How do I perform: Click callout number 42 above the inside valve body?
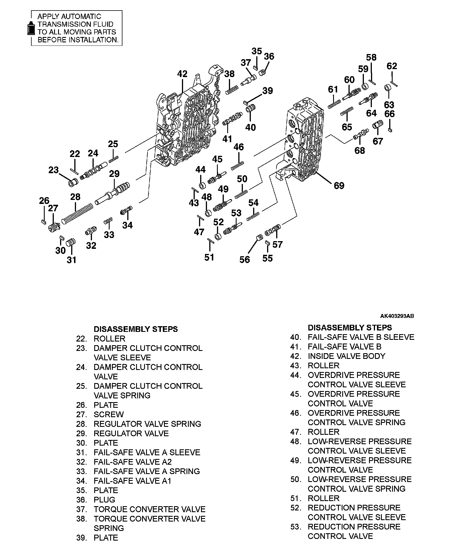point(182,74)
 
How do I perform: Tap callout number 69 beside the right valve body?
point(339,186)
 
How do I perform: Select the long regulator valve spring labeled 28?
point(77,213)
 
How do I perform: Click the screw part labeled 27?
point(54,227)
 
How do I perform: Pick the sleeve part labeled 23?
point(72,182)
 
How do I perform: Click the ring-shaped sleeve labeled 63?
point(388,88)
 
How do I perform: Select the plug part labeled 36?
point(263,73)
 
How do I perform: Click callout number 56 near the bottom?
point(244,259)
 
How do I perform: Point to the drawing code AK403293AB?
point(397,316)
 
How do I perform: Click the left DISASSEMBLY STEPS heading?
point(136,329)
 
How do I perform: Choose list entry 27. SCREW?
point(108,414)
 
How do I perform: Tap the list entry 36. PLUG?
point(104,500)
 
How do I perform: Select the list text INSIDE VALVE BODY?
point(346,356)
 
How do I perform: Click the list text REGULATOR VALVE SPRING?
point(147,424)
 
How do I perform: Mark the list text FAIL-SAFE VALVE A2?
point(133,462)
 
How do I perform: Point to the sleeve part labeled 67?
point(378,125)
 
